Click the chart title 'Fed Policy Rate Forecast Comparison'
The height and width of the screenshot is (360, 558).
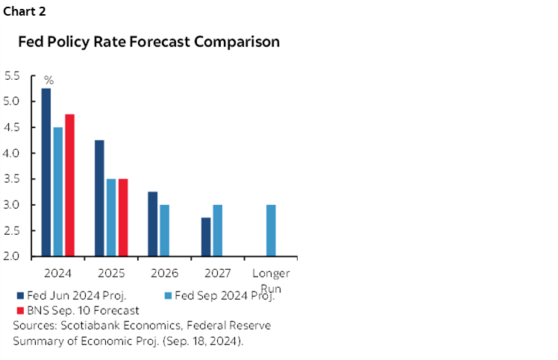click(x=149, y=42)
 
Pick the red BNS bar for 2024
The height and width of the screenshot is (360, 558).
click(x=69, y=186)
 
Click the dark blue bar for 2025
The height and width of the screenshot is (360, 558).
click(x=99, y=198)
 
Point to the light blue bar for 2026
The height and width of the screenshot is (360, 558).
click(x=164, y=230)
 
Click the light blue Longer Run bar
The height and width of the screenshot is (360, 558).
click(x=271, y=230)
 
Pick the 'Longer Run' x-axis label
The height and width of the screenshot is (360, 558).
click(x=271, y=280)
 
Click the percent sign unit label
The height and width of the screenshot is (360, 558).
click(x=48, y=80)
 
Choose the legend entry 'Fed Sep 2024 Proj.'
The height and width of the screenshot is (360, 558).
click(x=225, y=295)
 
